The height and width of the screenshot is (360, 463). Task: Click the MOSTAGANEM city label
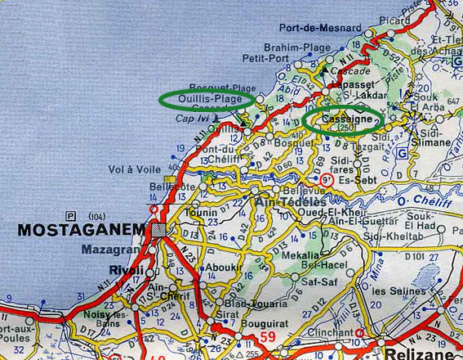tap(78, 229)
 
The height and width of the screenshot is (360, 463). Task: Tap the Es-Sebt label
tap(357, 178)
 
